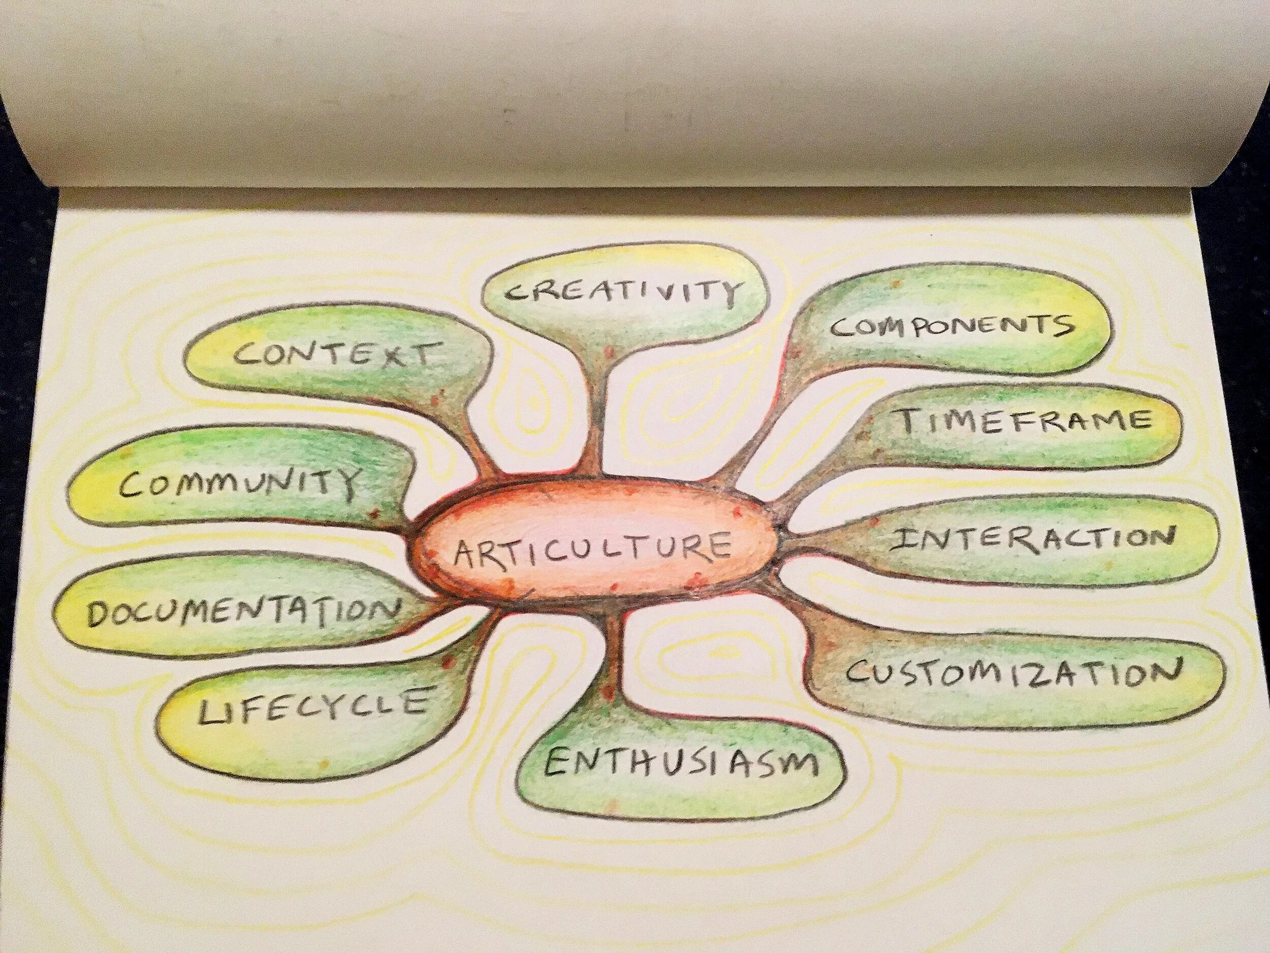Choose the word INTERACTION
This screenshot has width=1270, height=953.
[1031, 540]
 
